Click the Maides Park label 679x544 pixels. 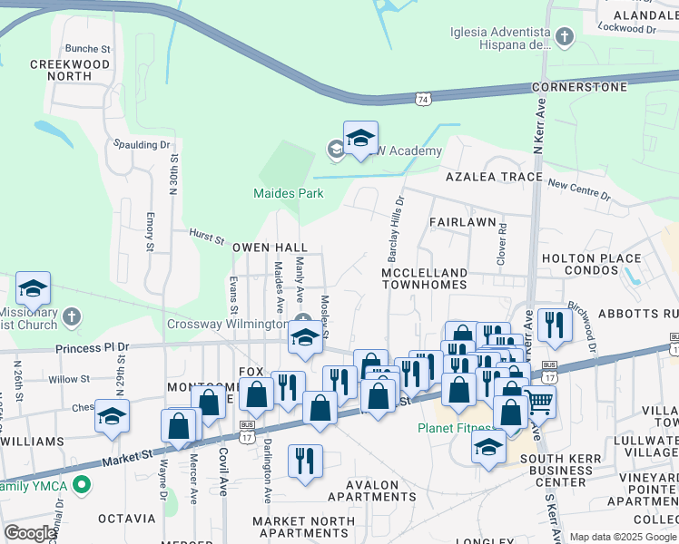288,193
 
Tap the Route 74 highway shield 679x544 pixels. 423,98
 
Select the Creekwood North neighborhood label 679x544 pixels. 70,71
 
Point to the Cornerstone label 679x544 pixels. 580,87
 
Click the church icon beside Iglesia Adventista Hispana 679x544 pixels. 565,37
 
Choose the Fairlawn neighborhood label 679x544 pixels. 462,221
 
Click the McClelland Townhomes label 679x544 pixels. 424,278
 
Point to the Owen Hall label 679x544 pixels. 270,248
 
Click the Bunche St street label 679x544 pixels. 87,49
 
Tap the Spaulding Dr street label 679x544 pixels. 141,145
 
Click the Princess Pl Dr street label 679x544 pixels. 93,346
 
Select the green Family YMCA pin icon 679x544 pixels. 83,485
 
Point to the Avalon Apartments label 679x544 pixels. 373,491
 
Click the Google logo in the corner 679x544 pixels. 30,533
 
